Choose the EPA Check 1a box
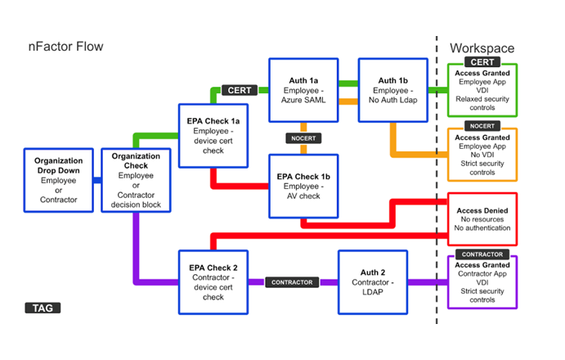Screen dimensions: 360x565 point(213,135)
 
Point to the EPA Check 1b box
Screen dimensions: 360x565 point(304,186)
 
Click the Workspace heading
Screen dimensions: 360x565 point(482,48)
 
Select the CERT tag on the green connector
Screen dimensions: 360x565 point(240,90)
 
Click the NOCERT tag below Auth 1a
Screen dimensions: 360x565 point(303,137)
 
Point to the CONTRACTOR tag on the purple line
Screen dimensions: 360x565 point(291,281)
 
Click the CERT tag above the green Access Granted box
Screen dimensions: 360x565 point(482,62)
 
